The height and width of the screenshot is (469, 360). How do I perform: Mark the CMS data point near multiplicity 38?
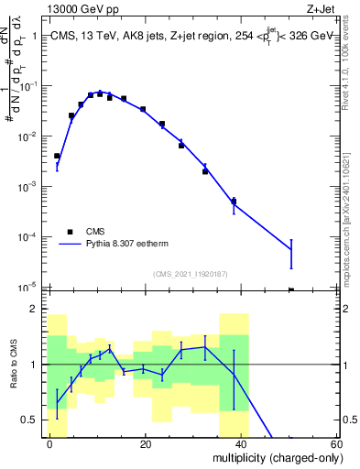(x=234, y=202)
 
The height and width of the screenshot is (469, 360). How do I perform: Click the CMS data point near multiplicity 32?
(x=205, y=171)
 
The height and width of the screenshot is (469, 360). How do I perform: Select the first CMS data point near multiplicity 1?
(x=57, y=156)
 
